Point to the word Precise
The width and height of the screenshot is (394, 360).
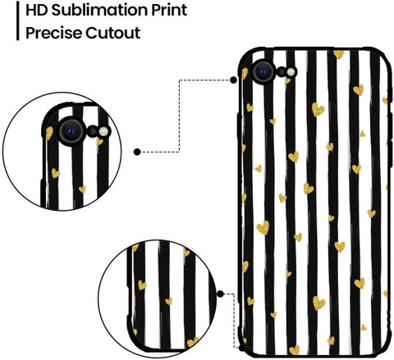[53, 33]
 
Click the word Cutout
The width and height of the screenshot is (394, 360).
[112, 33]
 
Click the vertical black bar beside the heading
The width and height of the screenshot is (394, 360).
[18, 21]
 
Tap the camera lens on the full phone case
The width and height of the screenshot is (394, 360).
[263, 71]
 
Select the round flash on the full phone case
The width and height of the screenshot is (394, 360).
[291, 72]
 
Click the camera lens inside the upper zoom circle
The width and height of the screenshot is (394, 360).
[71, 131]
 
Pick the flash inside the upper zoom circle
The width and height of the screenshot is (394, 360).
[104, 131]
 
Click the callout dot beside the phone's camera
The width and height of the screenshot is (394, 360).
[233, 80]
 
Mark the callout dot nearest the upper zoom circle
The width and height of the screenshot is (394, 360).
[137, 152]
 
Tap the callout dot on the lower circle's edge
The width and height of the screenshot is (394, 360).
[220, 294]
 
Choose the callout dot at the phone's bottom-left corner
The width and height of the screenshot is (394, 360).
[242, 348]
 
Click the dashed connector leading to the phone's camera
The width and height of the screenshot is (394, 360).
[179, 116]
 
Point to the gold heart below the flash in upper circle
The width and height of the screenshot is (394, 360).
[99, 141]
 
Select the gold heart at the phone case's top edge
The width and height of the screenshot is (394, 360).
[339, 54]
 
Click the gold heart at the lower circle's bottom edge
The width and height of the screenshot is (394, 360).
[193, 342]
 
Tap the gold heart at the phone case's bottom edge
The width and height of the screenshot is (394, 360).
[295, 350]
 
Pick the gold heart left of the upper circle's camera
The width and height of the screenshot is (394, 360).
[49, 133]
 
